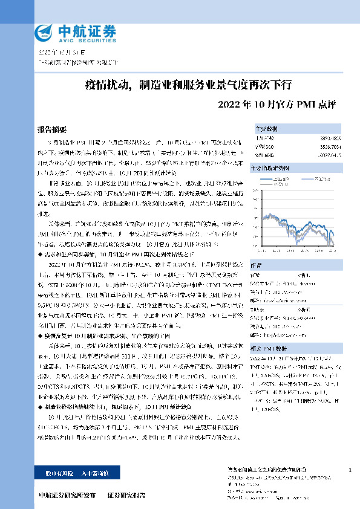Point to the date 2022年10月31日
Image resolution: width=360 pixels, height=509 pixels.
point(58,53)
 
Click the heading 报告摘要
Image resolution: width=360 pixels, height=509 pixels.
point(51,130)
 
